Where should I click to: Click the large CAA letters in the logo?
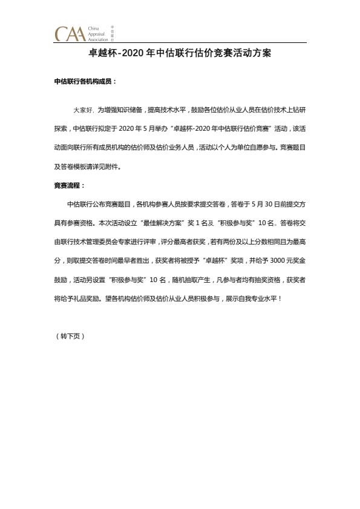click(69, 33)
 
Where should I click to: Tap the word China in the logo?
click(93, 28)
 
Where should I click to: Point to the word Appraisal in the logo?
click(97, 34)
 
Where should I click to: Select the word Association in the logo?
click(98, 39)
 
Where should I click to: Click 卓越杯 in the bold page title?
click(101, 53)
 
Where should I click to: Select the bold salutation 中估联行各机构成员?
click(84, 80)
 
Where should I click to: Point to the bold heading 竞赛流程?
click(69, 185)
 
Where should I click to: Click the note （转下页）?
click(70, 336)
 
